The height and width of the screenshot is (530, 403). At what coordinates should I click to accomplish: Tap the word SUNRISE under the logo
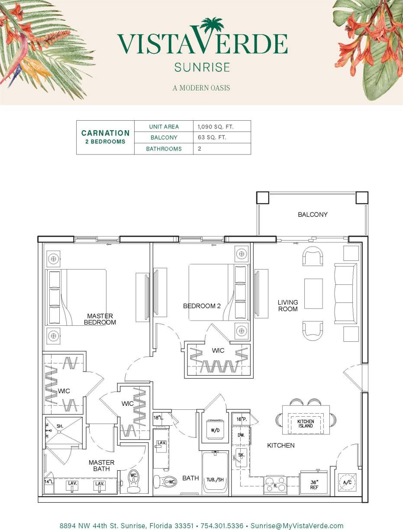(202, 67)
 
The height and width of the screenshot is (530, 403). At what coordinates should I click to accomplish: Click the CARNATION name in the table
(105, 133)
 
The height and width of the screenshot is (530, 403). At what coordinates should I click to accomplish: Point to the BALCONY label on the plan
(313, 215)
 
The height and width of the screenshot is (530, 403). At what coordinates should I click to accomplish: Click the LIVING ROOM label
(288, 305)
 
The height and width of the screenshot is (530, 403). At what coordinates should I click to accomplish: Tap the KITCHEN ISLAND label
(306, 424)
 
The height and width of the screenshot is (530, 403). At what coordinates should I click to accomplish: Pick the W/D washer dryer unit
(214, 430)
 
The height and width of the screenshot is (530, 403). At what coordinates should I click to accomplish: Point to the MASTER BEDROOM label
(100, 319)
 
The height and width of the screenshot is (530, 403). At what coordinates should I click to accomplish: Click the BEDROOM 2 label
(202, 306)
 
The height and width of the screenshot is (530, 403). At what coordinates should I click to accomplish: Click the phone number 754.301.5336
(221, 526)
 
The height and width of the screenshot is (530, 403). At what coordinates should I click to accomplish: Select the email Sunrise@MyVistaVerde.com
(297, 526)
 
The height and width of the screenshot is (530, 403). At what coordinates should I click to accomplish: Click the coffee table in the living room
(313, 293)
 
